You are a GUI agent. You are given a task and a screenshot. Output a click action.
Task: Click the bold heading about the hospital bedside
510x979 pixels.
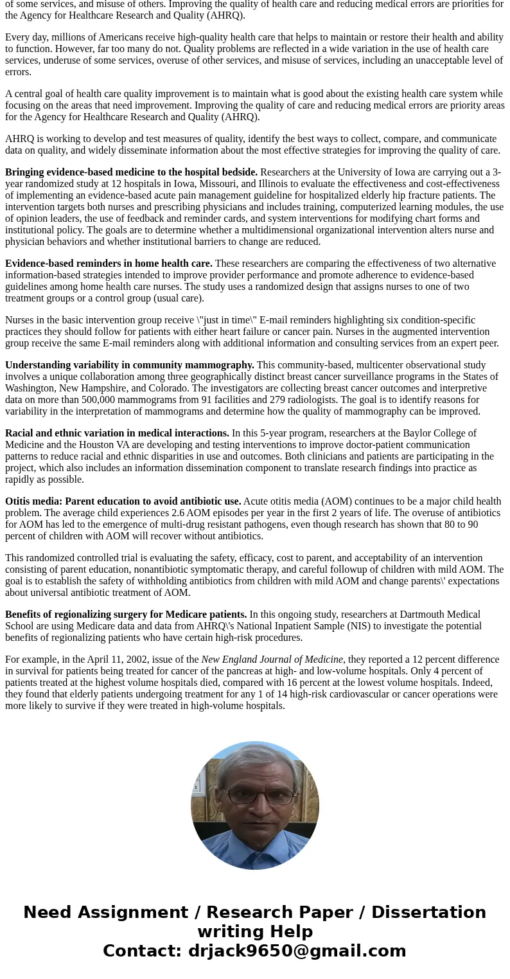click(x=131, y=172)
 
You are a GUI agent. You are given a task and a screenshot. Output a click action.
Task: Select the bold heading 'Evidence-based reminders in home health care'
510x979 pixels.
click(x=109, y=264)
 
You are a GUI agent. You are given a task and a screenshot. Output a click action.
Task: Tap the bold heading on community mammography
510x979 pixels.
click(x=130, y=365)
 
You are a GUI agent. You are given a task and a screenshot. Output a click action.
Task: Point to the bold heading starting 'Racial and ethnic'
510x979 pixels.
click(x=117, y=433)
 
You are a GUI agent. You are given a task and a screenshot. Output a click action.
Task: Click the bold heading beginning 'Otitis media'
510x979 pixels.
click(x=123, y=501)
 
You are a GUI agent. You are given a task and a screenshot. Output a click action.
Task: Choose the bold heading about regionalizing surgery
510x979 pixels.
click(x=126, y=615)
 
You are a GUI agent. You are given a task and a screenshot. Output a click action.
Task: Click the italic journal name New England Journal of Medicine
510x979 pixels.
click(x=272, y=660)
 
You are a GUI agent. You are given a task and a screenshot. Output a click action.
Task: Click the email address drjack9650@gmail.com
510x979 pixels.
click(x=297, y=951)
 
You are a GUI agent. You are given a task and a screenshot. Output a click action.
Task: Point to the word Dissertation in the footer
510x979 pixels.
click(x=428, y=912)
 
